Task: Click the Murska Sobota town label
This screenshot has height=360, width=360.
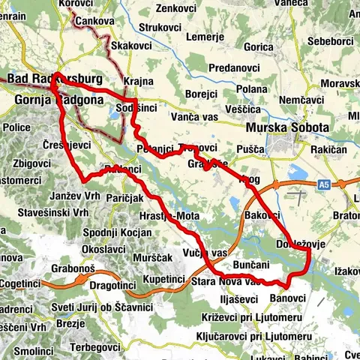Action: point(287,128)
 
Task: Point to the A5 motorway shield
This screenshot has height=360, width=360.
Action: point(322,183)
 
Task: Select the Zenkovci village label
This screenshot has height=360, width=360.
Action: point(178,9)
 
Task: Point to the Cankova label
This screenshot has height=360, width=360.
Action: point(94,23)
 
